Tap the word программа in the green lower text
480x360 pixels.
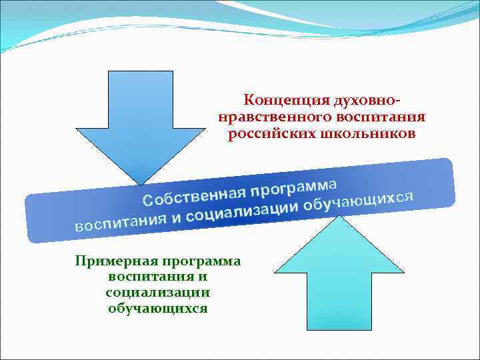pyautogui.click(x=199, y=261)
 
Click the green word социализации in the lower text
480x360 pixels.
pyautogui.click(x=158, y=293)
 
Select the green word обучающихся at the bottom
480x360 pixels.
pyautogui.click(x=158, y=309)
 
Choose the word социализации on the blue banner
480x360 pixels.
pyautogui.click(x=242, y=213)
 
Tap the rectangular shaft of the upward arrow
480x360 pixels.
pyautogui.click(x=339, y=300)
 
